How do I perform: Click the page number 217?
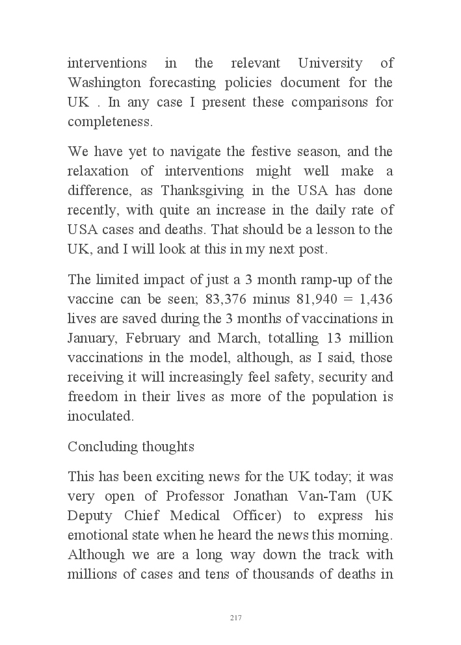(x=235, y=618)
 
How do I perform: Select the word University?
(x=330, y=64)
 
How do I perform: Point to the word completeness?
(x=109, y=122)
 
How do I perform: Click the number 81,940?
(x=319, y=300)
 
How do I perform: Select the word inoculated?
(x=100, y=417)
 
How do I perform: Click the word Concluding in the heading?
(x=98, y=447)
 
